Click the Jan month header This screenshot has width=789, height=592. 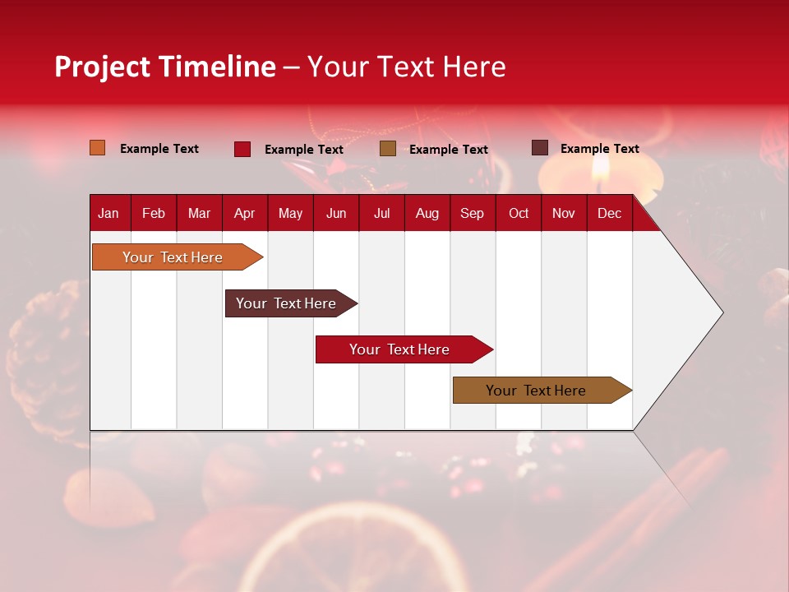point(108,213)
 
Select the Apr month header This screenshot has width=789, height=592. point(244,213)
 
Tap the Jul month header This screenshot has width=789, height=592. point(381,213)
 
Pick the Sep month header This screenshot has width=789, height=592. point(472,213)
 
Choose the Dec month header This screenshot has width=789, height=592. point(609,213)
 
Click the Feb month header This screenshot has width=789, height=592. point(154,213)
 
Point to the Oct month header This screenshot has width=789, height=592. point(519,213)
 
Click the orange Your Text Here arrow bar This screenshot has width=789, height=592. point(173,257)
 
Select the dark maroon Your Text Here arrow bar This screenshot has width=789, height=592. point(286,303)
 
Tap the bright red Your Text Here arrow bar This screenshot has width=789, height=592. point(399,349)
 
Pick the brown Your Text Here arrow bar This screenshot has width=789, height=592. point(536,391)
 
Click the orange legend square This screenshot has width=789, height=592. point(97,148)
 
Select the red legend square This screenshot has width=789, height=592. point(242,149)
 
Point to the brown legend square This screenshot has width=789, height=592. point(388,149)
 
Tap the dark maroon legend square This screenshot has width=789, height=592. point(539,148)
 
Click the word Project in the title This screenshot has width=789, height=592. point(102,67)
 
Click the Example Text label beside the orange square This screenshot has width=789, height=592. point(159,149)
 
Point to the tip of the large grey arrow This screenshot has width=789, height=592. point(721,312)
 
